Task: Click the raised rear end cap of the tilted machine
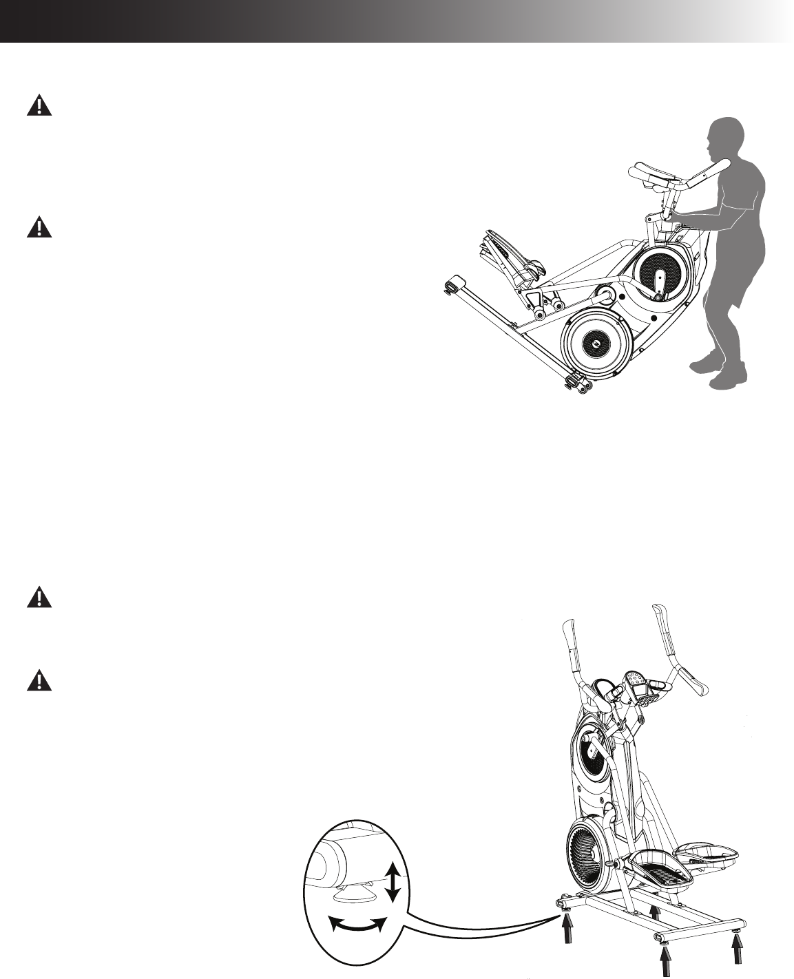[452, 284]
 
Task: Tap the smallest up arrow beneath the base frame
[654, 913]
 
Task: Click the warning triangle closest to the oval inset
[40, 681]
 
